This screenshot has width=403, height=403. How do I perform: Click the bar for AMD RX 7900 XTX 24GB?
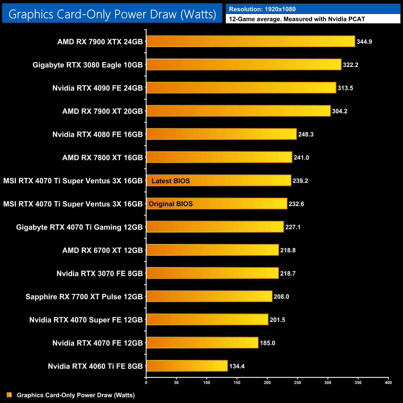click(250, 42)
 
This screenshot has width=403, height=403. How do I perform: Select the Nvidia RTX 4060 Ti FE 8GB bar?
click(187, 366)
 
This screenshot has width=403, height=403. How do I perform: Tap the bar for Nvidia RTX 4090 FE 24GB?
click(241, 88)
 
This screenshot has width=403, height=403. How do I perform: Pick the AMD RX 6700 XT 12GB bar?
click(212, 250)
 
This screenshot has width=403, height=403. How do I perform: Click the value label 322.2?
click(351, 65)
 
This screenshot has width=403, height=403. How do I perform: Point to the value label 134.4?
click(237, 366)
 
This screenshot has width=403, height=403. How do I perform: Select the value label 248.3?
click(306, 134)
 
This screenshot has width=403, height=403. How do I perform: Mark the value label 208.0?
click(281, 297)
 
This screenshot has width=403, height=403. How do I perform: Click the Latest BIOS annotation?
click(170, 181)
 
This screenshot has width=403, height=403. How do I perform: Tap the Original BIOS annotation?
click(171, 204)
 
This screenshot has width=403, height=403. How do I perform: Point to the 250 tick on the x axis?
click(297, 383)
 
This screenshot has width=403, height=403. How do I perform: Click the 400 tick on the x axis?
click(388, 383)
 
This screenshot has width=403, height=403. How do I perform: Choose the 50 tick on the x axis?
click(176, 383)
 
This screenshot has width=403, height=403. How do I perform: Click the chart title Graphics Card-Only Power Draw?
click(112, 14)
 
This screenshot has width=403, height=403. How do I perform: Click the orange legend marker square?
click(9, 395)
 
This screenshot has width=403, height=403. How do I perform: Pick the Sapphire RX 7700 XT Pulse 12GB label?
click(84, 297)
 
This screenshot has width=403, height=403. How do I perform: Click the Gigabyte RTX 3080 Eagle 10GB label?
click(88, 65)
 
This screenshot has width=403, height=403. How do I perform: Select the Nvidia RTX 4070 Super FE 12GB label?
click(86, 320)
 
